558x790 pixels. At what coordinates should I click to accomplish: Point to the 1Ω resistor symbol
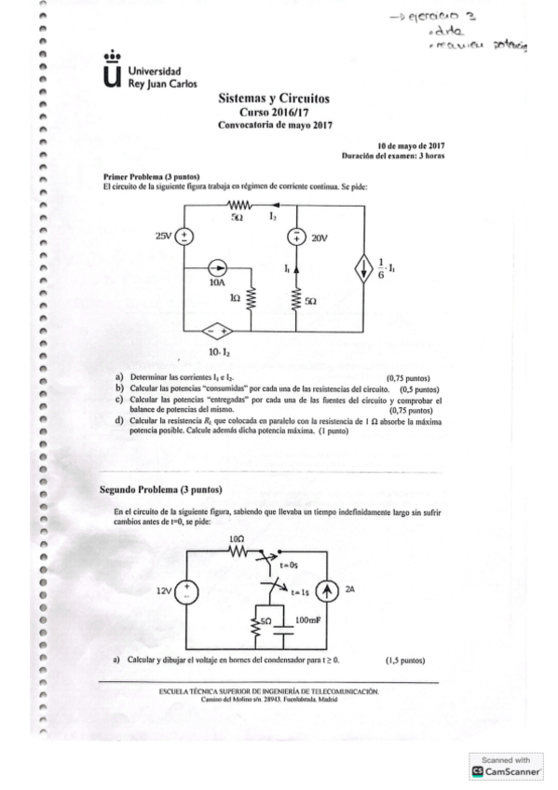point(250,296)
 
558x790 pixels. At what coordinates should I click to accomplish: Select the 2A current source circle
point(325,591)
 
